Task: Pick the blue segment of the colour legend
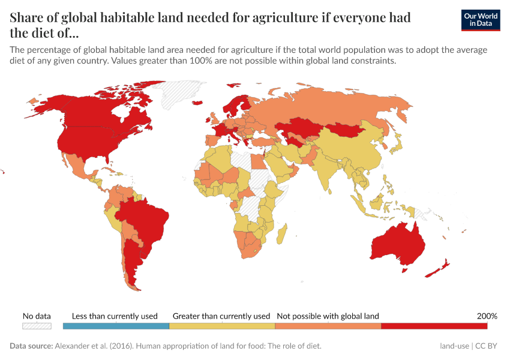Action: click(x=116, y=326)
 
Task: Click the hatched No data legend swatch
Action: click(x=37, y=326)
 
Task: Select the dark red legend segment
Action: click(x=434, y=326)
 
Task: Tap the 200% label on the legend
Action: click(x=487, y=316)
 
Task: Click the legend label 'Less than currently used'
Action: click(x=115, y=316)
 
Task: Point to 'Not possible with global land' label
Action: click(x=328, y=316)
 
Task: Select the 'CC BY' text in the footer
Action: click(x=488, y=346)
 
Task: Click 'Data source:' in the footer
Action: click(x=31, y=346)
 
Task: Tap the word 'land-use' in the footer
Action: click(x=454, y=346)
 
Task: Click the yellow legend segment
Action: click(x=222, y=326)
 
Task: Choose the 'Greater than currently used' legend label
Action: click(x=221, y=316)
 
